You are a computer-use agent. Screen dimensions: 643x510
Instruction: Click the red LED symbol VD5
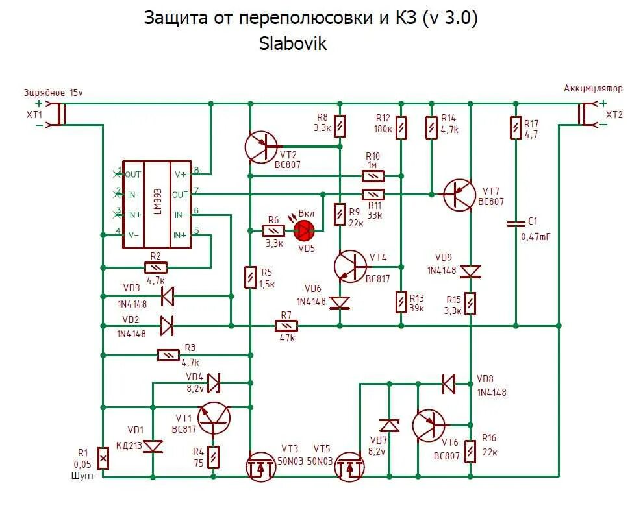pyautogui.click(x=304, y=231)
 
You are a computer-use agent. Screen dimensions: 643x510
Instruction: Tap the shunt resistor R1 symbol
pyautogui.click(x=103, y=457)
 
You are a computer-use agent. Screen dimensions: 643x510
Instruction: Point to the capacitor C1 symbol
pyautogui.click(x=516, y=224)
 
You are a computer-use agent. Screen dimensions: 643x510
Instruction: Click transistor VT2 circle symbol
pyautogui.click(x=261, y=147)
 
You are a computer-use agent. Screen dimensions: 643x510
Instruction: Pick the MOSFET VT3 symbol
pyautogui.click(x=261, y=467)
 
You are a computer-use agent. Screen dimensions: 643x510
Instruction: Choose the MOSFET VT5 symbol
pyautogui.click(x=349, y=467)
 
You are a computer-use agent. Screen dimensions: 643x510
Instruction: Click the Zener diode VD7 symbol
pyautogui.click(x=389, y=426)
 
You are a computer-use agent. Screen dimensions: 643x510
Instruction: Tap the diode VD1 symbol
pyautogui.click(x=153, y=446)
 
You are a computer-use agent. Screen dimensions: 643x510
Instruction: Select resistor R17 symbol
pyautogui.click(x=516, y=128)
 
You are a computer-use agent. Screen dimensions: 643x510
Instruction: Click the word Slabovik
pyautogui.click(x=293, y=43)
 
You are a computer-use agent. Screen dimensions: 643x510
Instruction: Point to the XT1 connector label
pyautogui.click(x=34, y=115)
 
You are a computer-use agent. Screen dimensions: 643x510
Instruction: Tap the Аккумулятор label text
pyautogui.click(x=593, y=88)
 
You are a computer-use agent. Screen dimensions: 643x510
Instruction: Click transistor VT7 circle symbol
pyautogui.click(x=459, y=195)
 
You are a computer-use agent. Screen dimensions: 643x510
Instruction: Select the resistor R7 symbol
pyautogui.click(x=286, y=326)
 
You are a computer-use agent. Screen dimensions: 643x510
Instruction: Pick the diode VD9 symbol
pyautogui.click(x=470, y=272)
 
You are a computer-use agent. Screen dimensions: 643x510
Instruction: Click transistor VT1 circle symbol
pyautogui.click(x=214, y=419)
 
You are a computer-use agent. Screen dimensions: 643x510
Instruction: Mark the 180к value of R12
pyautogui.click(x=383, y=129)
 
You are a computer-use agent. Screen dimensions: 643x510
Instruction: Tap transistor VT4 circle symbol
pyautogui.click(x=350, y=266)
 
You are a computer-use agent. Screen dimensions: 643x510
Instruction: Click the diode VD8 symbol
pyautogui.click(x=449, y=384)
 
